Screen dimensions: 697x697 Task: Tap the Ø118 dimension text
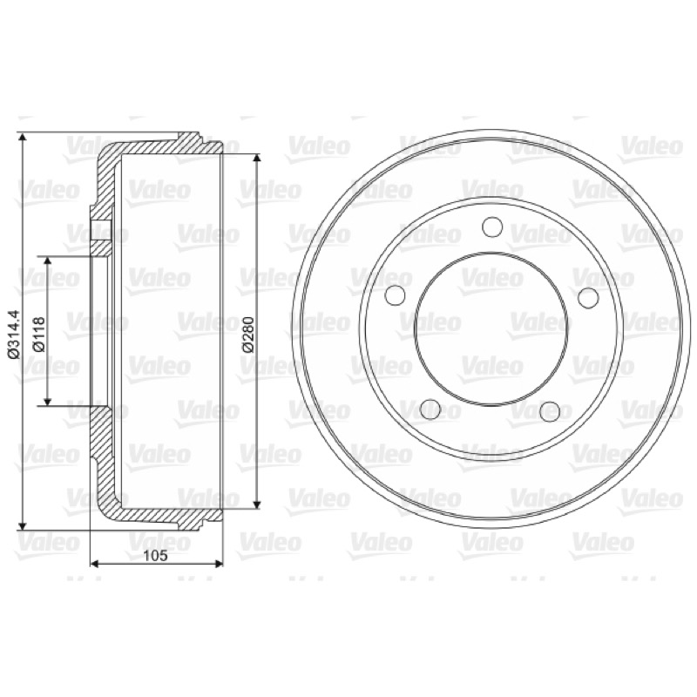39,334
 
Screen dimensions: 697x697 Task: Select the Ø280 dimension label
248,334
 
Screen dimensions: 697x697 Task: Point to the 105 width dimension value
156,555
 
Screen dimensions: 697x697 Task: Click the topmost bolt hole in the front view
492,227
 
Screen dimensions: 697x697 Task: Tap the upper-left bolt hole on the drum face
395,295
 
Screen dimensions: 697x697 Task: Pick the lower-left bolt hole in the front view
430,409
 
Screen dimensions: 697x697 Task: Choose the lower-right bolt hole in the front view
550,411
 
